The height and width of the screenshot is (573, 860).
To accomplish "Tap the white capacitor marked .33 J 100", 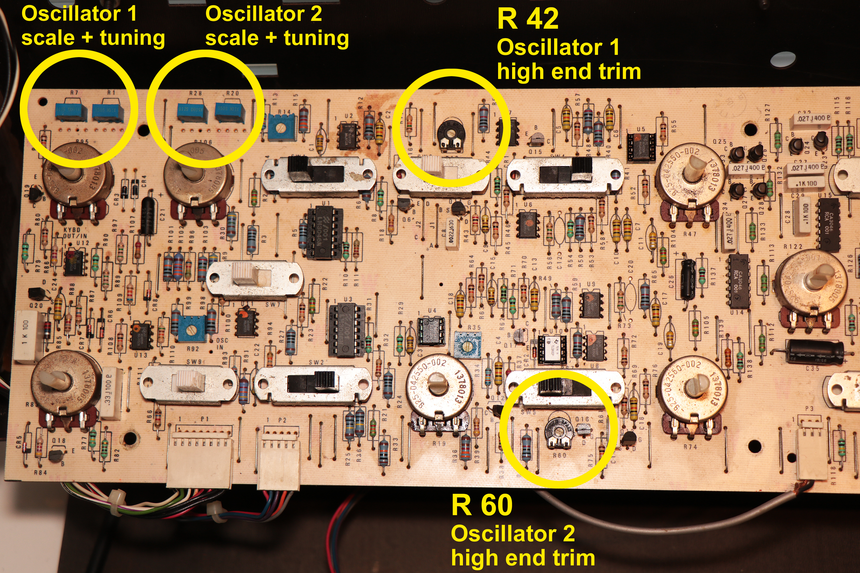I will click(110, 393).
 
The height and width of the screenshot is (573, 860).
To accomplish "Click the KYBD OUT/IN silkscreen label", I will click(75, 233).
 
